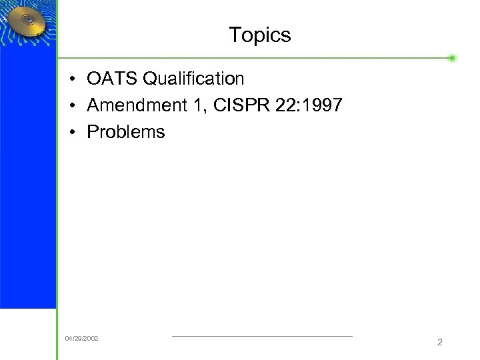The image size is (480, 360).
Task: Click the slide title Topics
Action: tap(259, 35)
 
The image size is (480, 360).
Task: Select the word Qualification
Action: tap(193, 79)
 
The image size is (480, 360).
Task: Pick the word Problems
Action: tap(125, 132)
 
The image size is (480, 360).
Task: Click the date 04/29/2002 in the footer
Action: tap(81, 339)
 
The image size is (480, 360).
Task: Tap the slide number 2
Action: tap(439, 342)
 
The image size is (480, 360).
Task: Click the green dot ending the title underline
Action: tap(452, 58)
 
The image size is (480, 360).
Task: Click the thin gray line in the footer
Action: tap(262, 336)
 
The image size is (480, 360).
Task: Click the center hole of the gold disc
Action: tap(29, 21)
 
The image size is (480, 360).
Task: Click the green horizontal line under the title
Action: tap(253, 58)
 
